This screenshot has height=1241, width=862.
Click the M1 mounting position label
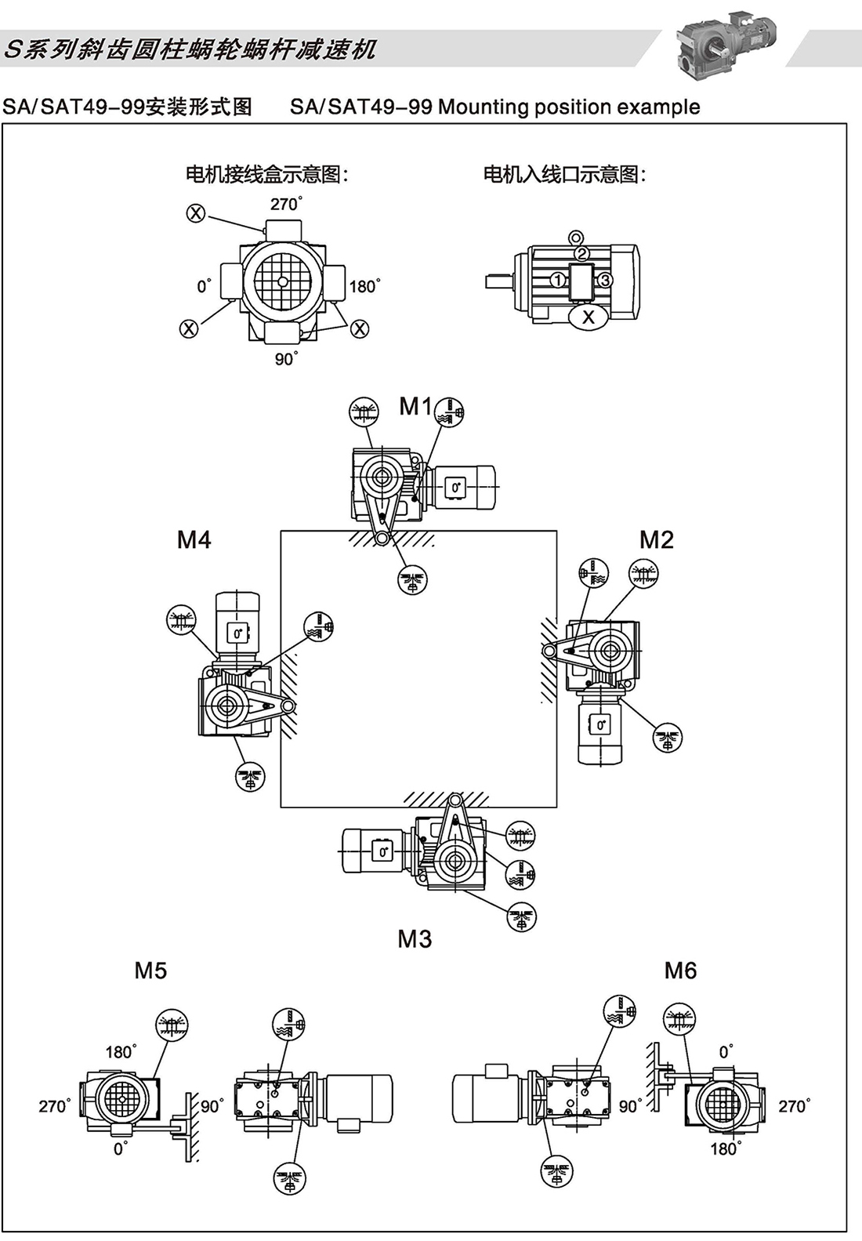click(x=415, y=406)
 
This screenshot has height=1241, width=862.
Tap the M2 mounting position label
click(x=657, y=539)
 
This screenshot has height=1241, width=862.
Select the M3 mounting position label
click(x=415, y=938)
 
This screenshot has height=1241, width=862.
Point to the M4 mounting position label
click(x=194, y=539)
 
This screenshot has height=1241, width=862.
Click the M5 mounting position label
click(x=150, y=971)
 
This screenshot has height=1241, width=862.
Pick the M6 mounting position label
click(x=680, y=971)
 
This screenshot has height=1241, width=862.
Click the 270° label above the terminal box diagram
click(x=286, y=205)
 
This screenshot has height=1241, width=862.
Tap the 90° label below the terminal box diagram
click(x=286, y=359)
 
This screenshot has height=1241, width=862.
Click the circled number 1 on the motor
click(x=557, y=279)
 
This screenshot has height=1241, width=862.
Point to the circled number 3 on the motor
click(x=605, y=279)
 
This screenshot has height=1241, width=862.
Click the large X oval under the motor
click(x=589, y=316)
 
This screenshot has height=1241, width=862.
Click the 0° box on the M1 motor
click(x=455, y=488)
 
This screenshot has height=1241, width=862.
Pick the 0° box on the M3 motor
click(x=382, y=851)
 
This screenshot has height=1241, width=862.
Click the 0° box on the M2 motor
click(x=600, y=724)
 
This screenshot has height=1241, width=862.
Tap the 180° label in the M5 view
click(x=121, y=1051)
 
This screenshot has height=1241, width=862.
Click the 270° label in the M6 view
click(x=794, y=1106)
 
